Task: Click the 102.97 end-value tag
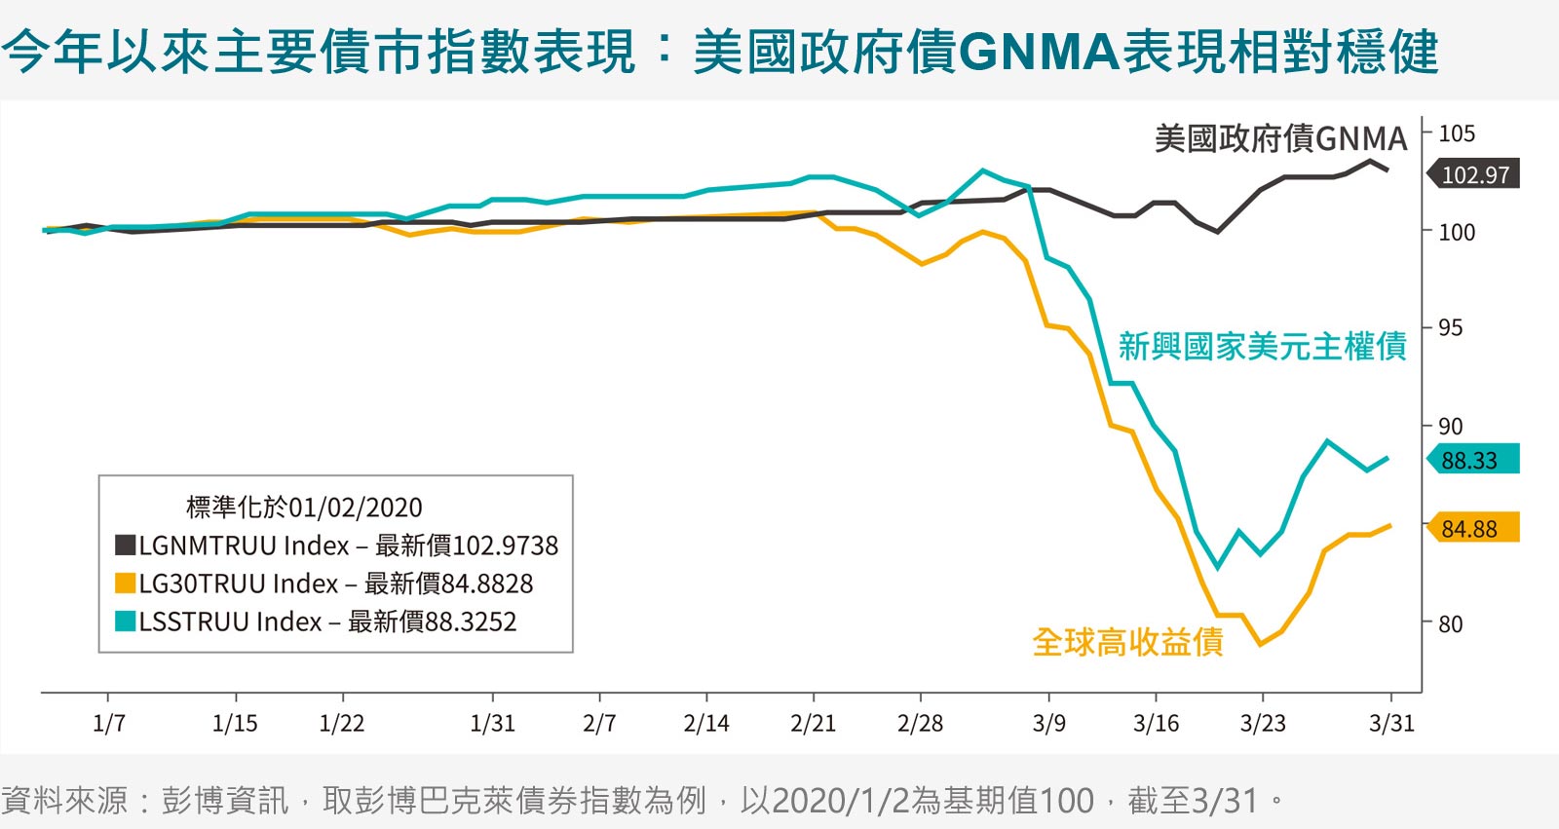1473,174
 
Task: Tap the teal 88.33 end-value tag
1473,460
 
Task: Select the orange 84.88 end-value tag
1473,528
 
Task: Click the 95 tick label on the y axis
1451,328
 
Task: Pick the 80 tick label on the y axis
1451,623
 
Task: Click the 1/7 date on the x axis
109,723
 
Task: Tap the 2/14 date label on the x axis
706,723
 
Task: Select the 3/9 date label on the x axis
1048,723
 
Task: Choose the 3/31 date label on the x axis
1392,723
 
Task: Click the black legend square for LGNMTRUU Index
126,545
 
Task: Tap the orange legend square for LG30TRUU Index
126,584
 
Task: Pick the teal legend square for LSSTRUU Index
126,621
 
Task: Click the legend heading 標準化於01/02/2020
304,508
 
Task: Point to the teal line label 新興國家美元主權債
1263,347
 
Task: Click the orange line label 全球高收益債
1128,642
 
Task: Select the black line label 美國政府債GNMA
1281,138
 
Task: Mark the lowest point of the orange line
1261,645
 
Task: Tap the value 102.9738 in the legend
506,546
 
